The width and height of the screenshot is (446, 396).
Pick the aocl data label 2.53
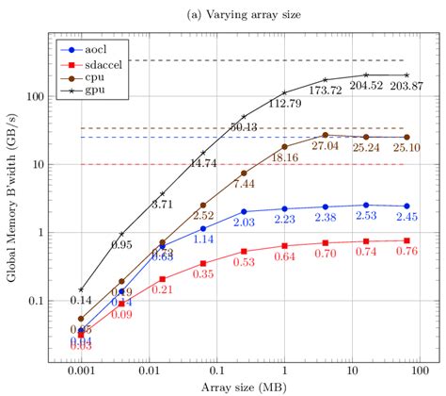[x=366, y=216]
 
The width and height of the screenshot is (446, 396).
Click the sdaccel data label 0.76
[x=406, y=251]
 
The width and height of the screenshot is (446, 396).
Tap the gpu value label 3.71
[x=162, y=204]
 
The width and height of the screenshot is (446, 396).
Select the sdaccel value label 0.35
[x=203, y=273]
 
